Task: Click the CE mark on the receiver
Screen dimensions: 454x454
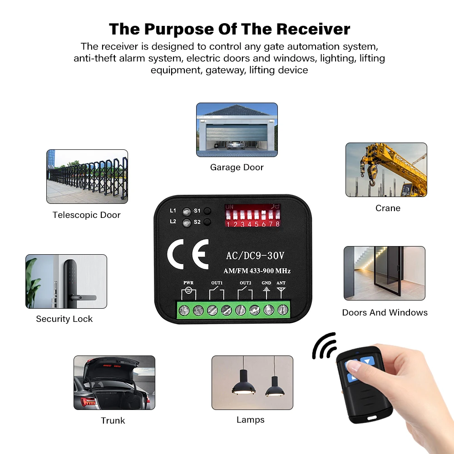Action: (188, 254)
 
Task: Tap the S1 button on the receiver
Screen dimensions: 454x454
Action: (207, 211)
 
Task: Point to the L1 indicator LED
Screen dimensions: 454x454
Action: (186, 211)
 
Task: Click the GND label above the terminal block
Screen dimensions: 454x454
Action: (266, 283)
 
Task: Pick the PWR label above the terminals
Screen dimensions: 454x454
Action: (188, 283)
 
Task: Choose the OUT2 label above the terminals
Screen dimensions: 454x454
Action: (245, 283)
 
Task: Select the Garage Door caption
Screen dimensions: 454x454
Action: (237, 168)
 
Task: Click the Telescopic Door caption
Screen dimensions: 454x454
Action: (87, 215)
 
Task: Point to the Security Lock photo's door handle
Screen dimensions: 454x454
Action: (84, 298)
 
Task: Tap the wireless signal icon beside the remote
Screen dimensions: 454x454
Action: (323, 347)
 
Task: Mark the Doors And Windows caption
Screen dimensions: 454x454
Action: (385, 313)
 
